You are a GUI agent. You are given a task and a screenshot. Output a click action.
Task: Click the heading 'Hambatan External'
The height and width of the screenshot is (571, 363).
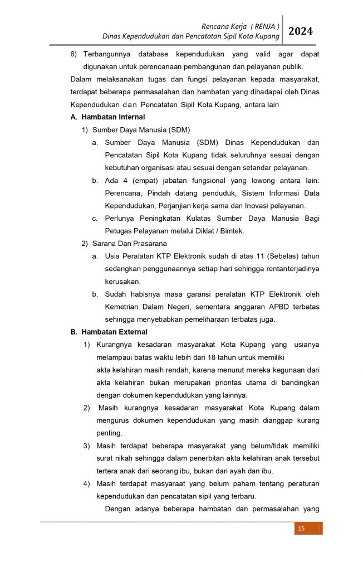point(114,332)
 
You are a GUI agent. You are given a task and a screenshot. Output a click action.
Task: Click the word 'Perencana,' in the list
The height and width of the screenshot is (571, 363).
point(124,193)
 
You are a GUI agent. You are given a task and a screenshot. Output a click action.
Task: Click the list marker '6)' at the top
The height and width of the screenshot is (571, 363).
point(75,55)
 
